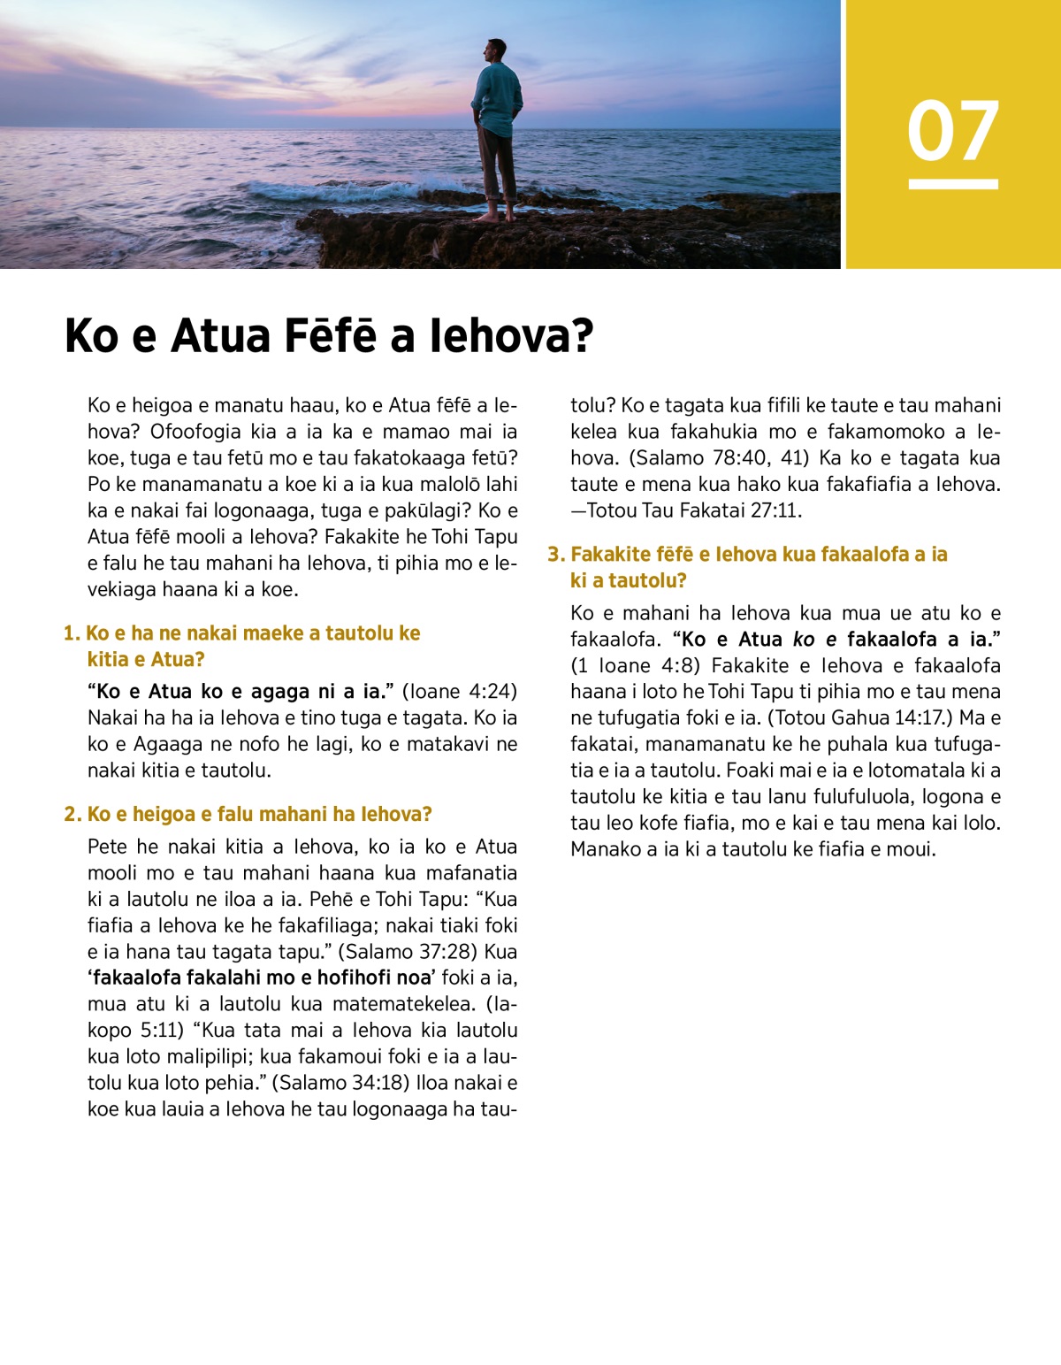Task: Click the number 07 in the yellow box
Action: [953, 131]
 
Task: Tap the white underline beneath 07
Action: [953, 184]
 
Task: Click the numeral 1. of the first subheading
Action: [73, 633]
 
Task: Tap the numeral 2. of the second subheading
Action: [73, 814]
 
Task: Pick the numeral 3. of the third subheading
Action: [555, 555]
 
